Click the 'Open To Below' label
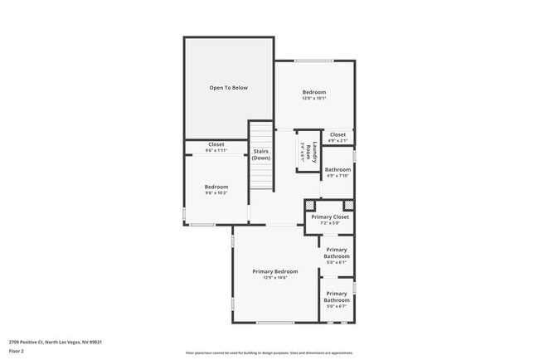click(228, 87)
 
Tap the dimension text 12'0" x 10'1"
click(313, 99)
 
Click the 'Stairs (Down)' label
click(261, 154)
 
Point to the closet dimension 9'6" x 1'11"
click(216, 151)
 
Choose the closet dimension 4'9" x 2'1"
click(337, 141)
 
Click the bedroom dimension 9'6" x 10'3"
click(216, 193)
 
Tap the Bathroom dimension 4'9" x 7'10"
click(337, 176)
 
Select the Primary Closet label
click(331, 216)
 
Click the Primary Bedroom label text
click(274, 271)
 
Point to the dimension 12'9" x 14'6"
click(274, 278)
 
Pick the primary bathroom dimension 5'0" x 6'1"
click(336, 263)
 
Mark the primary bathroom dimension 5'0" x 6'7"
click(336, 307)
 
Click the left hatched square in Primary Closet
click(310, 205)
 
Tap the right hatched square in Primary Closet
click(348, 205)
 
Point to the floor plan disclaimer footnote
click(269, 353)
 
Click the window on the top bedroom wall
click(314, 61)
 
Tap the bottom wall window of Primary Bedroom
click(274, 322)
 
